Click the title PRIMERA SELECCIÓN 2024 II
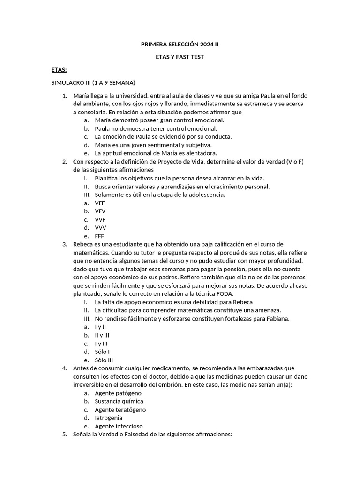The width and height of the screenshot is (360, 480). tap(180, 45)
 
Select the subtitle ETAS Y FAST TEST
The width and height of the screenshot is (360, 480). tap(180, 57)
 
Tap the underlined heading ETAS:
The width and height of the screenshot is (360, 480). tap(59, 70)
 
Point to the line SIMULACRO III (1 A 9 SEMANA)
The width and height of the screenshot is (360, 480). tap(93, 83)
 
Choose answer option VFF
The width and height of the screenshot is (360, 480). tap(100, 203)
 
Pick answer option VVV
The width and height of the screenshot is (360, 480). tap(100, 228)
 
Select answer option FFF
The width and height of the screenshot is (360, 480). tap(99, 236)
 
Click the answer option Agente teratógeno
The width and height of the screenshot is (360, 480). tap(120, 410)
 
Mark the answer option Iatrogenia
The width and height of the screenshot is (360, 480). tap(109, 418)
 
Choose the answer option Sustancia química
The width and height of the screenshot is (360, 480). tap(119, 401)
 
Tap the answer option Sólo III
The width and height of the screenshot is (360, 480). tap(104, 360)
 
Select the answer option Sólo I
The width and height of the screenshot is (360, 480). tap(102, 352)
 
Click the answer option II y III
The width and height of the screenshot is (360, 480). tap(102, 335)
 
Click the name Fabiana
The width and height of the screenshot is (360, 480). tap(278, 319)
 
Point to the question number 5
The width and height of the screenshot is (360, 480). tap(65, 435)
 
